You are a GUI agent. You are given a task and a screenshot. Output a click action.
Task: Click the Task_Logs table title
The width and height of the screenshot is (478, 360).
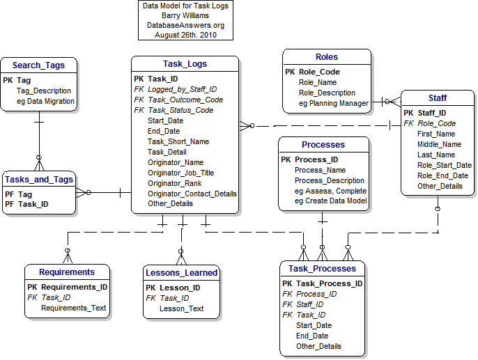pos(185,64)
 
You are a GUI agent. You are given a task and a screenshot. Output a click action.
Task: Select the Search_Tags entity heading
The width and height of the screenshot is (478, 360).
pos(39,65)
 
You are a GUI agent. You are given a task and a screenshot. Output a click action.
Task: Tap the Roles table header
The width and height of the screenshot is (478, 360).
pos(326,57)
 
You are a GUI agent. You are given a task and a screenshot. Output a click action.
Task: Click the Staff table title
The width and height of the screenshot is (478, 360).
pos(437,97)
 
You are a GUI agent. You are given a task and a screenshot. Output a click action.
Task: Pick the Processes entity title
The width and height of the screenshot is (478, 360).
pos(323,145)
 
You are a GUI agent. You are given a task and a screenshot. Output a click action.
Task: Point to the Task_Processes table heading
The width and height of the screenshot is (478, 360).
pos(322,269)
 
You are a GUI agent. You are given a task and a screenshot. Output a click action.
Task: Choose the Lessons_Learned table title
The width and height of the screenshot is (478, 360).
pos(181,272)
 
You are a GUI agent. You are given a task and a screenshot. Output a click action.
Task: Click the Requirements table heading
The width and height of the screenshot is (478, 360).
pos(66,272)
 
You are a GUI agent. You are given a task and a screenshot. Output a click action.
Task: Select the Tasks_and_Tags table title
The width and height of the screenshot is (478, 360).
pos(38,180)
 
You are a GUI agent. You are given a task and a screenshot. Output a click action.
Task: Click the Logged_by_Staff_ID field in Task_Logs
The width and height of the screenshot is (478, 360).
pos(182,89)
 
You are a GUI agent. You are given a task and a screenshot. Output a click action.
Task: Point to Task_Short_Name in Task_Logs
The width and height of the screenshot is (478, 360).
pos(178,141)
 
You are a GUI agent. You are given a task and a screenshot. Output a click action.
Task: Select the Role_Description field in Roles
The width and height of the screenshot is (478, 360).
pos(327,93)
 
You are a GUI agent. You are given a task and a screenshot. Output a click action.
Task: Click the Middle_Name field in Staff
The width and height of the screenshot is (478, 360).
pos(439,144)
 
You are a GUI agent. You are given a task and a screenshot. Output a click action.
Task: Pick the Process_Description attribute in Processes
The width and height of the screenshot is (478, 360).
pos(330,180)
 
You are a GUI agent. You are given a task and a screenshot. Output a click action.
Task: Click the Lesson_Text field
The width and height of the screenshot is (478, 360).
pos(181,308)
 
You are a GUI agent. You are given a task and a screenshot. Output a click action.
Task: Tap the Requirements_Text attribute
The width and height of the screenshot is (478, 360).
pos(74,308)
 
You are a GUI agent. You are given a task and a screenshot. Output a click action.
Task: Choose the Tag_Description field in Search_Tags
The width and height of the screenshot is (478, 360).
pos(43,91)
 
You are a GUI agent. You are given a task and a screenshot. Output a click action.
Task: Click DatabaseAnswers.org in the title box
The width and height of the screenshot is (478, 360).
pos(185,24)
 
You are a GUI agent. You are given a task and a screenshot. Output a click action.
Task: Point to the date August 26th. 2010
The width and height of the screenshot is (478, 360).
pos(185,34)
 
